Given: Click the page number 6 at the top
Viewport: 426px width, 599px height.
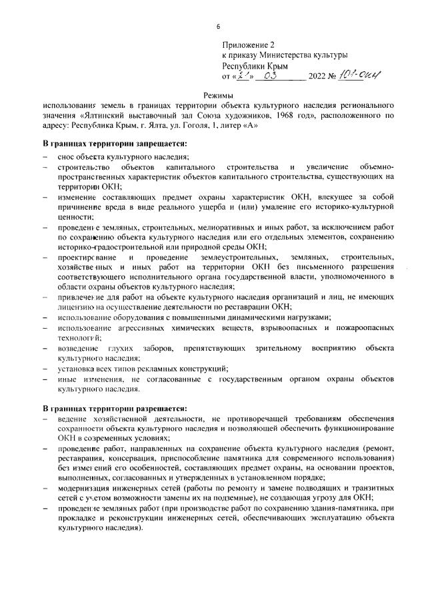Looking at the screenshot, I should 218,27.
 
